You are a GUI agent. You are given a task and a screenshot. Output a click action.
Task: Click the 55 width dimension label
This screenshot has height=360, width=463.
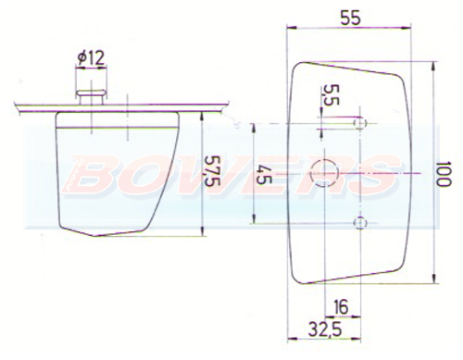tap(350, 18)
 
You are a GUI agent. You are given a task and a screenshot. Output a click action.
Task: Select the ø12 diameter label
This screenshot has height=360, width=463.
tap(91, 58)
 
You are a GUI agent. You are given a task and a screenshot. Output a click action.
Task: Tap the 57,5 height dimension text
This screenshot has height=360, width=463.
tap(212, 170)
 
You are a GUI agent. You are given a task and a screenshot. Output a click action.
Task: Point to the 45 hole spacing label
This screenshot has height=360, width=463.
tap(263, 175)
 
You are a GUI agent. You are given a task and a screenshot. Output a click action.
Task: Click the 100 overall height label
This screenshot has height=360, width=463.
tap(444, 173)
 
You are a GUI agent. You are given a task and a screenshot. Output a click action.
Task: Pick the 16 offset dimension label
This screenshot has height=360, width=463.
tap(341, 306)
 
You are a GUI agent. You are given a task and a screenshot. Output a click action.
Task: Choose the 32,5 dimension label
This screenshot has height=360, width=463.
tap(325, 329)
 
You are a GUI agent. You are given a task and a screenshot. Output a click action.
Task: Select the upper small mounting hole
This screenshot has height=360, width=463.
tap(360, 123)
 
